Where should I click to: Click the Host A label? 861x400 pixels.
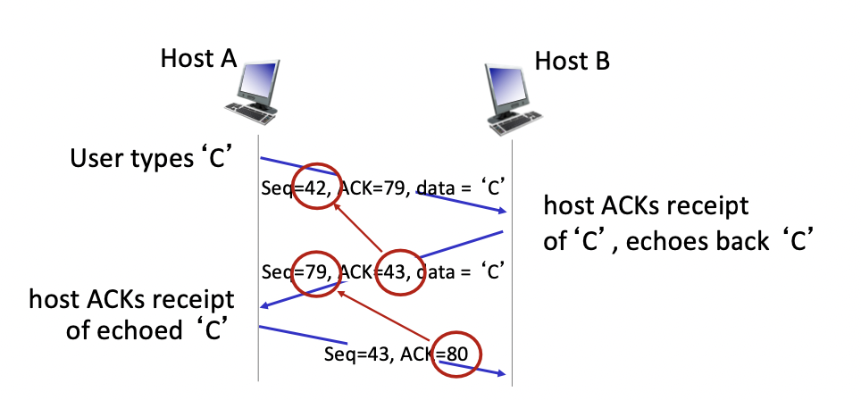point(197,59)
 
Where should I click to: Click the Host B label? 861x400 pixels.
point(572,62)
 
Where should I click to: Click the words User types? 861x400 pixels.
point(125,160)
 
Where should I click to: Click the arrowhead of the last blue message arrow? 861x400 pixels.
point(504,373)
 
